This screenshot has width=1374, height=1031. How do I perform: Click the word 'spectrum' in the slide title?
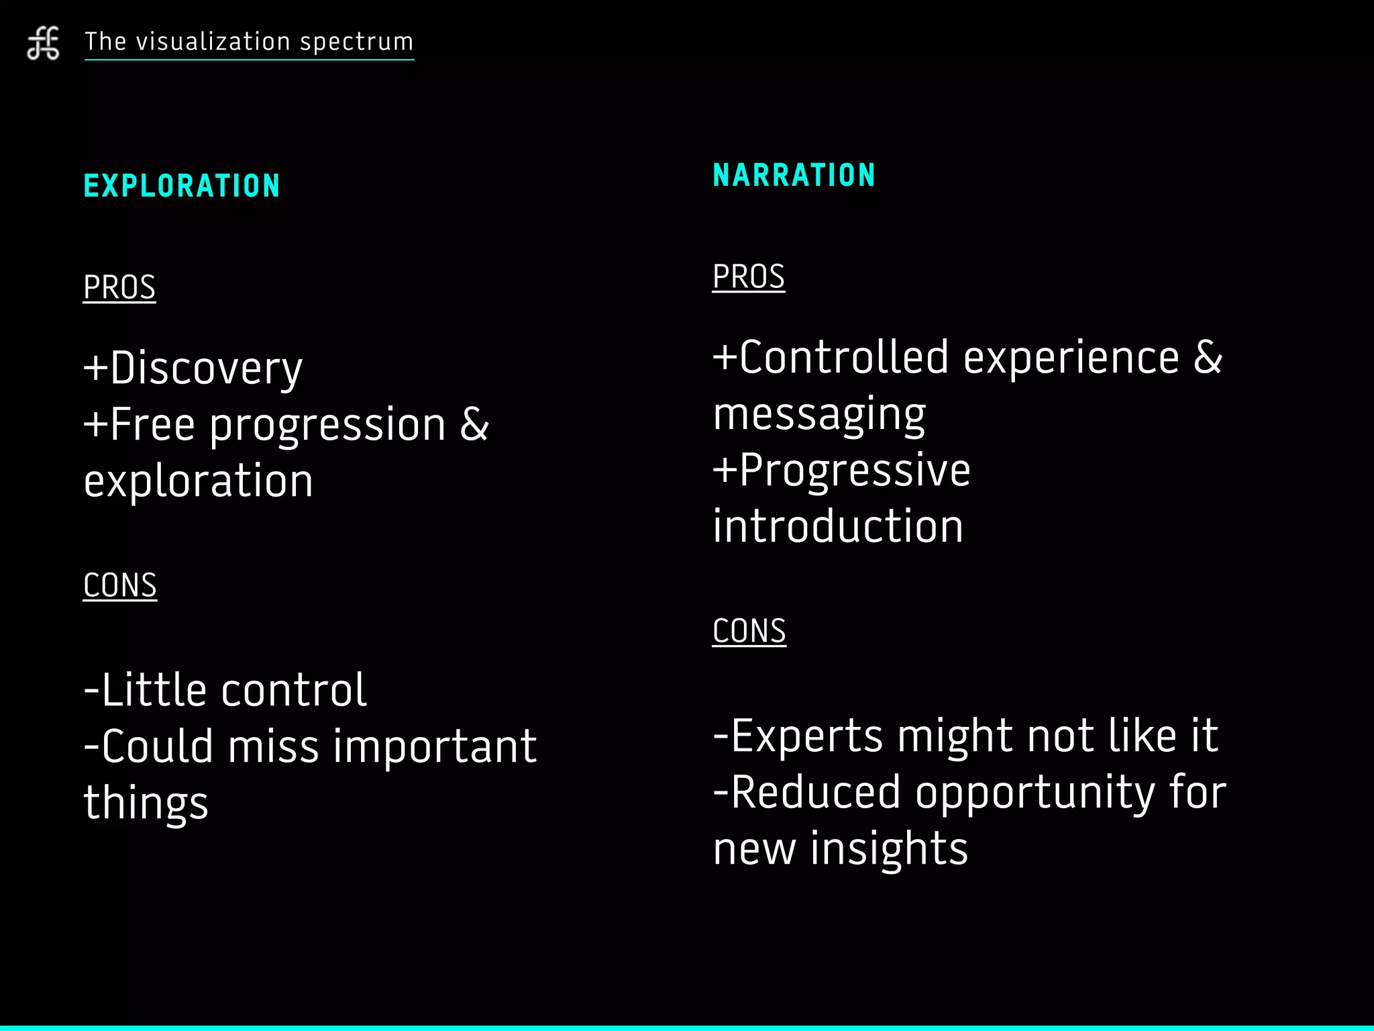[356, 42]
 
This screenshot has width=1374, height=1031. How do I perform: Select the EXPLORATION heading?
[182, 186]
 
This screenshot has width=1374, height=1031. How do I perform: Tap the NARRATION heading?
[794, 175]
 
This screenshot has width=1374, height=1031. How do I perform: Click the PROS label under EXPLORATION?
[119, 288]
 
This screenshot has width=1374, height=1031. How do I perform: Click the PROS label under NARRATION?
[748, 277]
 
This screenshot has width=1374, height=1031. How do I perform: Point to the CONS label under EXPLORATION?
[120, 585]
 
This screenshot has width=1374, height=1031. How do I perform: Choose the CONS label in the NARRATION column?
[749, 631]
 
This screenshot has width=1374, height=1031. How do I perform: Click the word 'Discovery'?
[206, 369]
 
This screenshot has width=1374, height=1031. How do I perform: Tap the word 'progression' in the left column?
[327, 426]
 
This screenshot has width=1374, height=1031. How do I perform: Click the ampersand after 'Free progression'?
[474, 425]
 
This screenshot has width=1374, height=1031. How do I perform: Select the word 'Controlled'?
[844, 357]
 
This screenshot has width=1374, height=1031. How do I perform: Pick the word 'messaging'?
[819, 415]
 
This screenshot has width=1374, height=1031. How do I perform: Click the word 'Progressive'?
[855, 470]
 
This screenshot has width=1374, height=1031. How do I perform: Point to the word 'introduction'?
[838, 526]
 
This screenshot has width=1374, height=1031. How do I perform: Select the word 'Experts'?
[806, 736]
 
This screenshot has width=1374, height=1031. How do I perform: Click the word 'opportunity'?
[1035, 793]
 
